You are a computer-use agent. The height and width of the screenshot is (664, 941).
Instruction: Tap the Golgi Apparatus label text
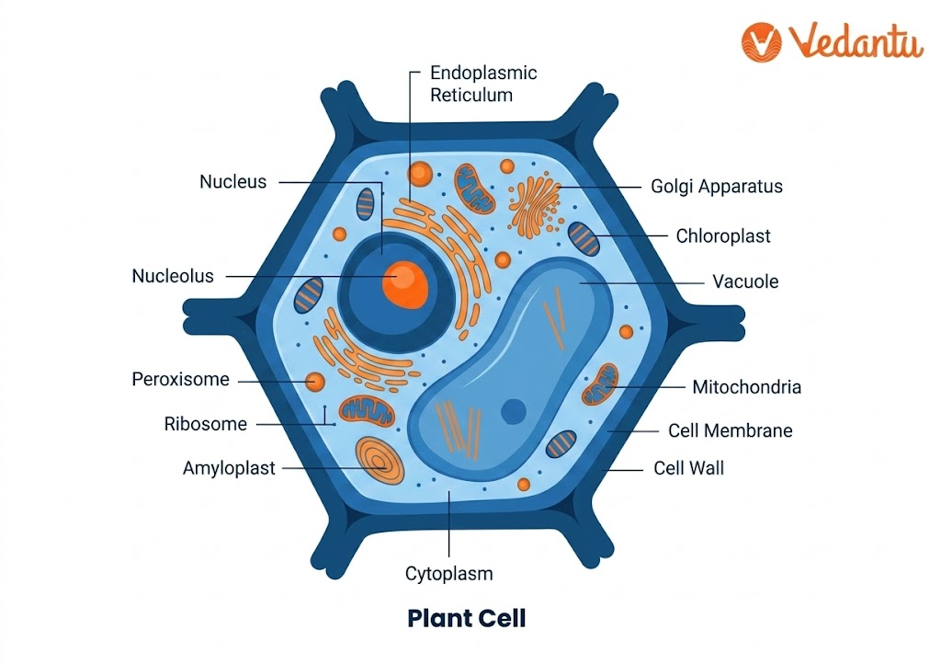coord(717,187)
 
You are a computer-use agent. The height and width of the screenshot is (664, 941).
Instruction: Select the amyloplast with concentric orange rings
coord(380,462)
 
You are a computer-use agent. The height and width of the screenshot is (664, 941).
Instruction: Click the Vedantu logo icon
coord(762,42)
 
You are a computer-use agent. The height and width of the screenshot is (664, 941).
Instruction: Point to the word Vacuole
coord(745,281)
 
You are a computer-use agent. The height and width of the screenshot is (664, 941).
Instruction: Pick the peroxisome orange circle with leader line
coord(316,381)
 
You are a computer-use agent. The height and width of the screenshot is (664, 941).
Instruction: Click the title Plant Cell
coord(467,618)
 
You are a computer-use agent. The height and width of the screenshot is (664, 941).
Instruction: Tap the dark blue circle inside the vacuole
coord(513,411)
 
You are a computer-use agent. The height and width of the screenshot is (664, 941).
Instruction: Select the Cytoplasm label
coord(449,574)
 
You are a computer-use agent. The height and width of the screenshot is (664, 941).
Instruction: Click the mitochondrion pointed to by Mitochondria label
coord(601,384)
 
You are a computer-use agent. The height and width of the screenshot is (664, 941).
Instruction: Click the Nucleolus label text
coord(173,276)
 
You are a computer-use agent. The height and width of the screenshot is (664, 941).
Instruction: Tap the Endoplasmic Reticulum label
coord(483,83)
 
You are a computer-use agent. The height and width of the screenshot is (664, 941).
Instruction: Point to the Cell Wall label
coord(688,468)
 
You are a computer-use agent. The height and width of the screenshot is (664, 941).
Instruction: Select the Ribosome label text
coord(206,424)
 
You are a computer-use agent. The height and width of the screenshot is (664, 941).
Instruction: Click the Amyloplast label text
coord(229,468)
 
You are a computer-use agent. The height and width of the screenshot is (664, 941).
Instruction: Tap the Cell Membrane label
coord(730,430)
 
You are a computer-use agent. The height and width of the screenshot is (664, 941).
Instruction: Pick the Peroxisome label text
coord(180,379)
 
